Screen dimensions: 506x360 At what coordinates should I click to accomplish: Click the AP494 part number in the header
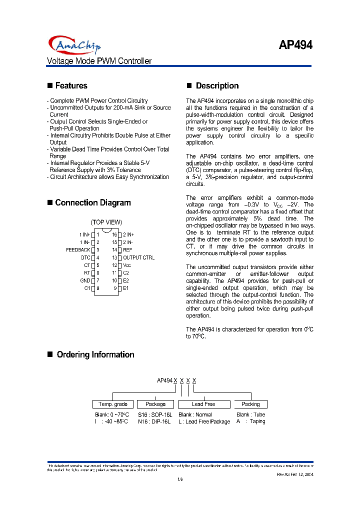coord(295,45)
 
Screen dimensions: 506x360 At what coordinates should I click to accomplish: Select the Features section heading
coord(71,85)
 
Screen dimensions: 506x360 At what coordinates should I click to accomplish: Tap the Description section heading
coord(217,85)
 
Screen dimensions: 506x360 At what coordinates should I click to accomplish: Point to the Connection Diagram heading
coord(93,202)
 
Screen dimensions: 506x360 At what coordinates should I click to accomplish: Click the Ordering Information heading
coord(95,354)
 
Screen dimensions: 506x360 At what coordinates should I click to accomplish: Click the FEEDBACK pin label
coord(78,249)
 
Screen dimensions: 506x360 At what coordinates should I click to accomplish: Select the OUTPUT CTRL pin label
coord(139,257)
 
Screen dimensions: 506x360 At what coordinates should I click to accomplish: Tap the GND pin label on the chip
coord(85,280)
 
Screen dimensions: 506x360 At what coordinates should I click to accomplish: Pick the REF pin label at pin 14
coord(128,249)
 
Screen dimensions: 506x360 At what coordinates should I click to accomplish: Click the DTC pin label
coord(85,257)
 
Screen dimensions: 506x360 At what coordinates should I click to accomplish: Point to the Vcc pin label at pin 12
coord(127,265)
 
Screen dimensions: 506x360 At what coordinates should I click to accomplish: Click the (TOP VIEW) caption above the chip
coord(106,222)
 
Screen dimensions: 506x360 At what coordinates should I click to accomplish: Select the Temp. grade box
coord(113,404)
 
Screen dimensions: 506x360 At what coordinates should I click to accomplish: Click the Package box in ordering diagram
coord(155,404)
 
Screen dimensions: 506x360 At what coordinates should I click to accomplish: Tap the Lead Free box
coord(203,404)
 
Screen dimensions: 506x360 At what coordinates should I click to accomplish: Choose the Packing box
coord(250,404)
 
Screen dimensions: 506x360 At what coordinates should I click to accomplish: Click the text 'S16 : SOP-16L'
coord(155,414)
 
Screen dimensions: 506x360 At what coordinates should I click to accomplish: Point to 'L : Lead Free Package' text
coord(204,421)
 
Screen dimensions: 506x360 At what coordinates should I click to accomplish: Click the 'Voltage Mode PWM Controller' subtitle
coord(99,61)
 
